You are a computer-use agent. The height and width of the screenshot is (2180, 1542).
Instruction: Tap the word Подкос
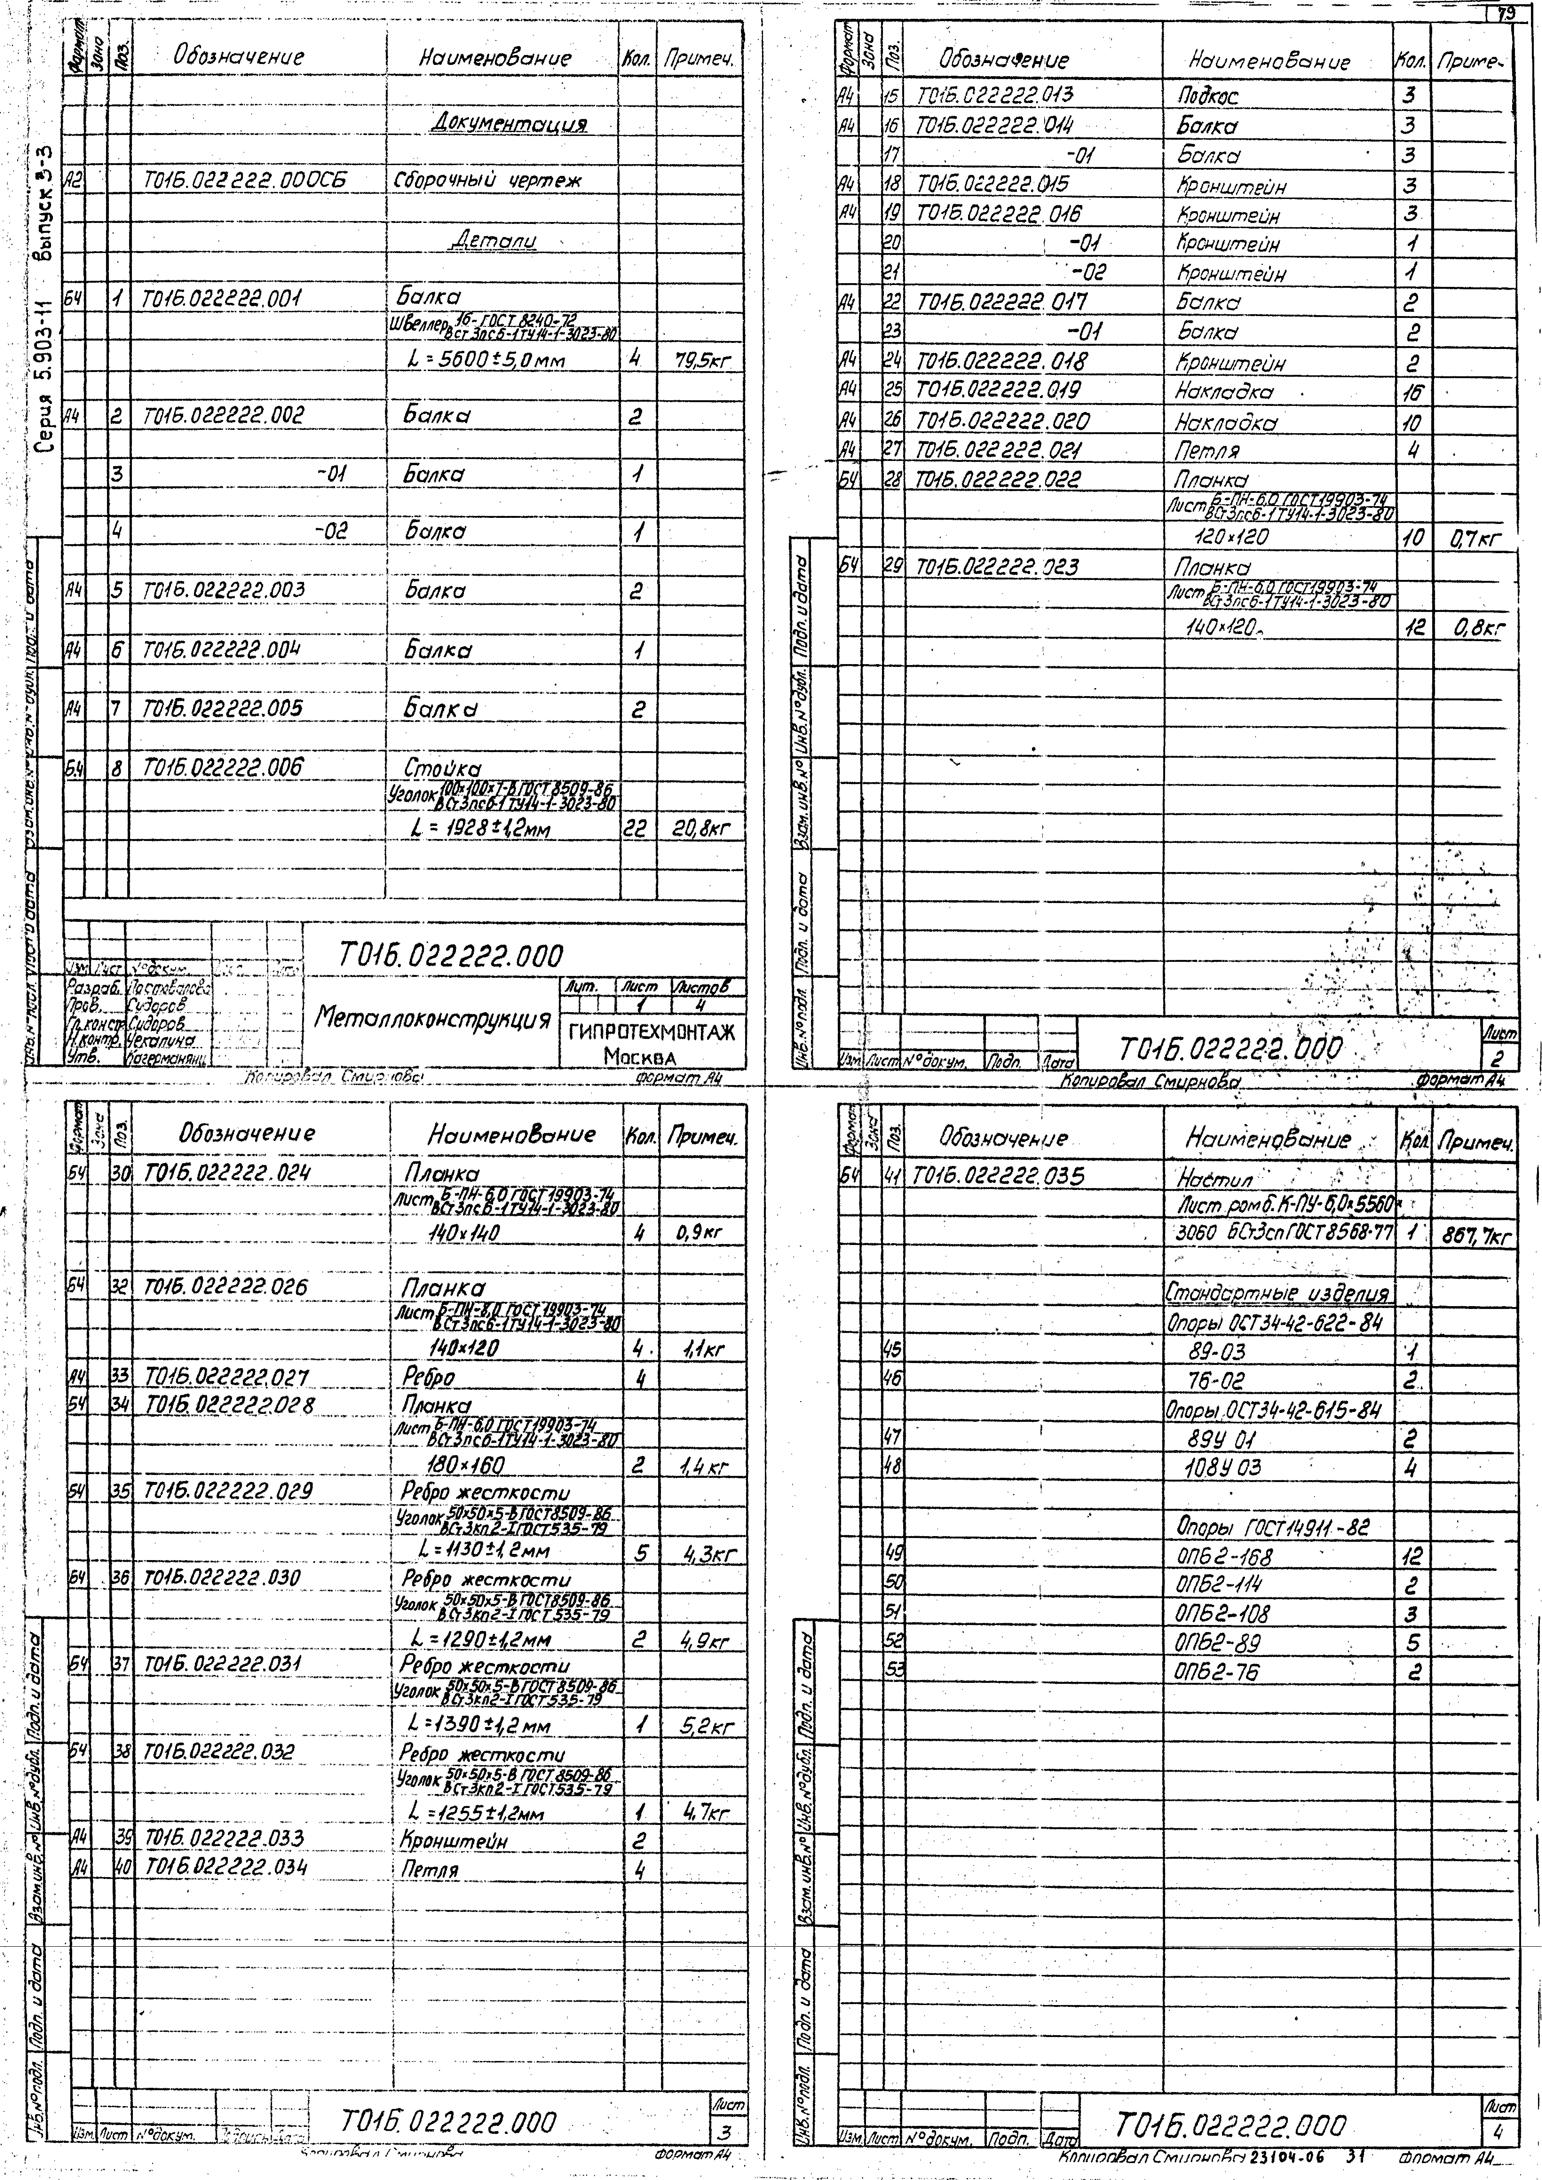(1208, 96)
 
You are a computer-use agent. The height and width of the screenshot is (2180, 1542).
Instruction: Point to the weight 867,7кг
(1475, 1236)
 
